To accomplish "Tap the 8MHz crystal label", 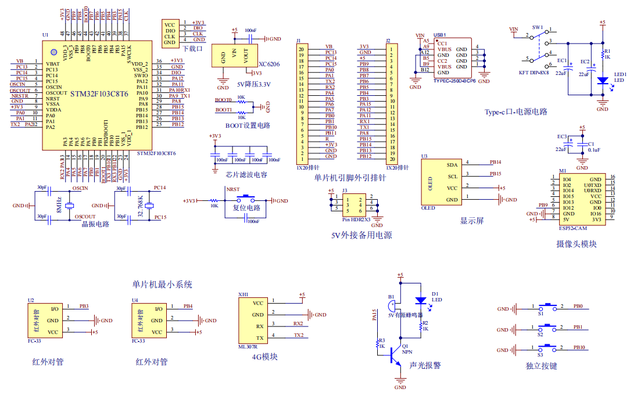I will point(59,205).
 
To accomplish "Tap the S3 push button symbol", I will point(547,348).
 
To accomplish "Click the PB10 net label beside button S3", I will point(579,348).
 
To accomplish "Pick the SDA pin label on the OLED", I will point(452,165).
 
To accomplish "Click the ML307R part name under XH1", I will point(248,347).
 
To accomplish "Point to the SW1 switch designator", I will point(538,27).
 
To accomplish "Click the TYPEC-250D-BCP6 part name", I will point(454,81).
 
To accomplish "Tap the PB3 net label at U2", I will point(84,305).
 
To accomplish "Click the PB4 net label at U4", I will point(188,305).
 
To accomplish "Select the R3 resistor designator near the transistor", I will point(382,340).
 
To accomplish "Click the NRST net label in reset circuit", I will point(232,190).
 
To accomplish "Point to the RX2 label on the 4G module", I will point(298,323).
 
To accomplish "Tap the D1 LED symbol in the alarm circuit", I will point(421,301).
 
